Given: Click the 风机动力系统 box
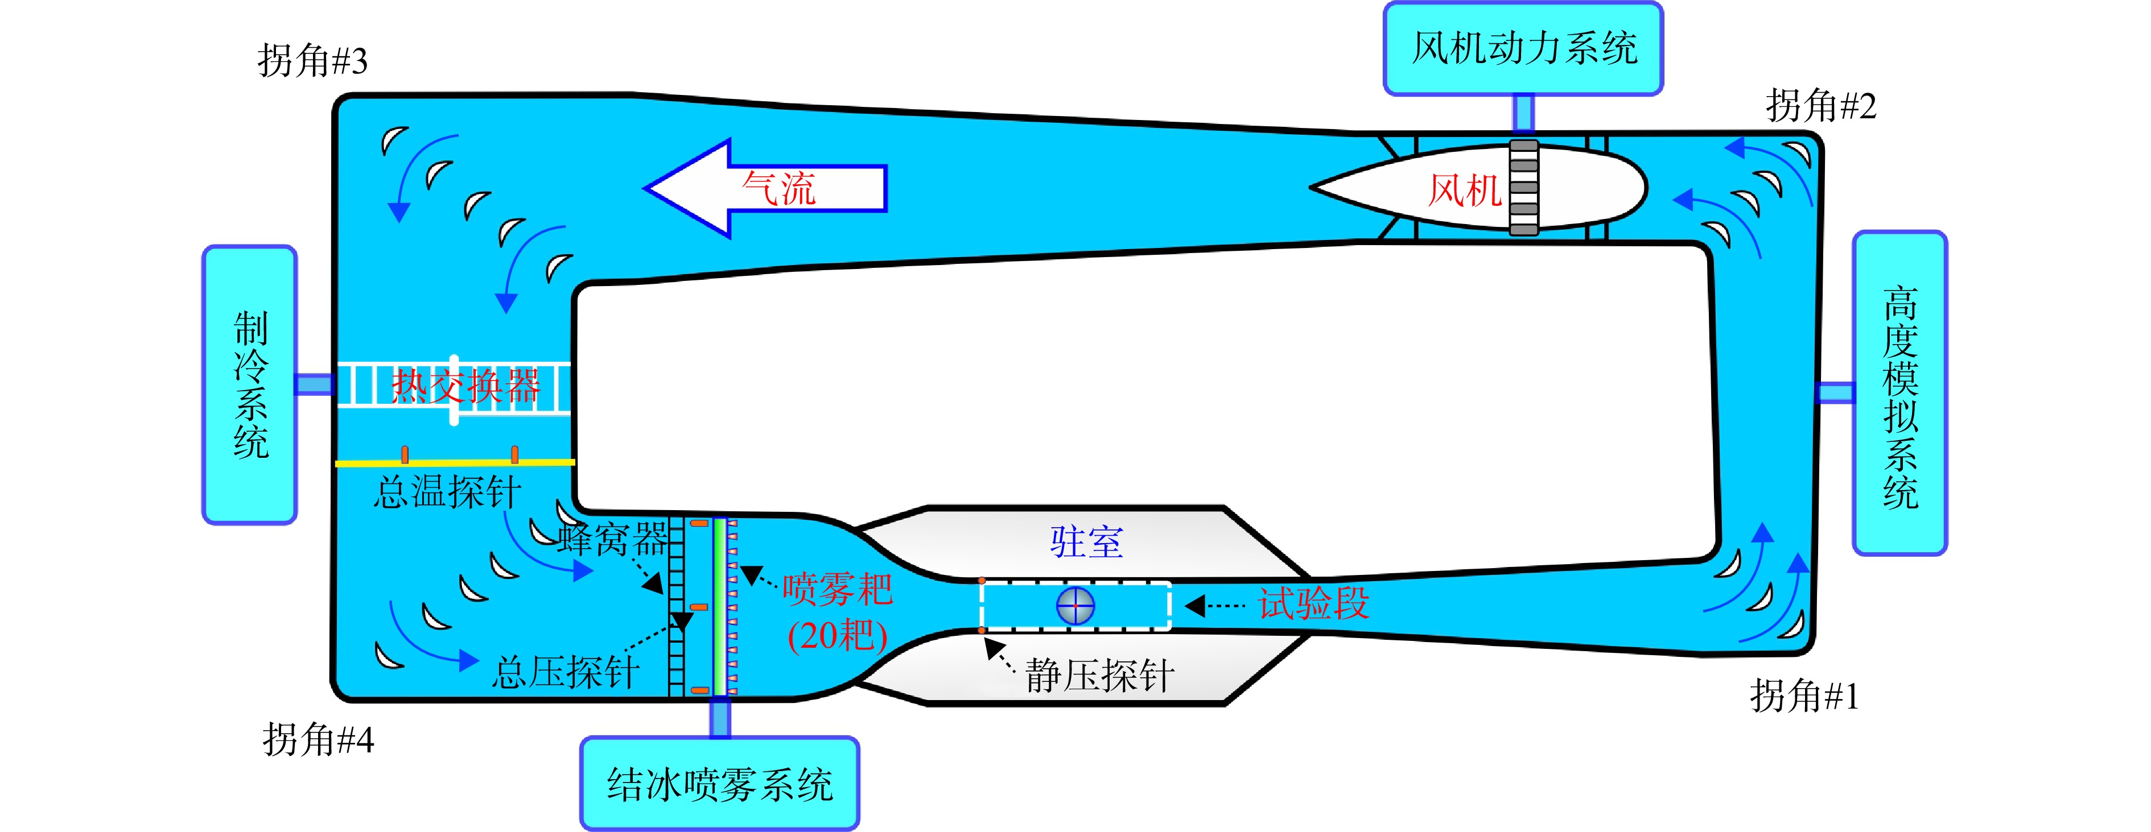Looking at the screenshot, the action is (x=1523, y=48).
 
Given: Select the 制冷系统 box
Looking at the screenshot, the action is (x=250, y=384).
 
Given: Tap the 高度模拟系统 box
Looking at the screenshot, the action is (x=1899, y=393).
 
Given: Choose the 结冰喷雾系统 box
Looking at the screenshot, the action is (x=720, y=784).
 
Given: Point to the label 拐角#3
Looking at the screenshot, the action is (x=312, y=61).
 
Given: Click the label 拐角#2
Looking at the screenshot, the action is (x=1820, y=106).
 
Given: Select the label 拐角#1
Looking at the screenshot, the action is (x=1804, y=696).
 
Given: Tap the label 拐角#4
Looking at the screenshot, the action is (x=318, y=739).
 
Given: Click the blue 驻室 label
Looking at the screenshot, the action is (x=1086, y=543).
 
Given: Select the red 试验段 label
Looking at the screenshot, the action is (x=1313, y=603).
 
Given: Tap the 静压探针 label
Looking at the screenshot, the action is (x=1100, y=675).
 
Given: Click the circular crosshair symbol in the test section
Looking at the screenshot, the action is (x=1075, y=606).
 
